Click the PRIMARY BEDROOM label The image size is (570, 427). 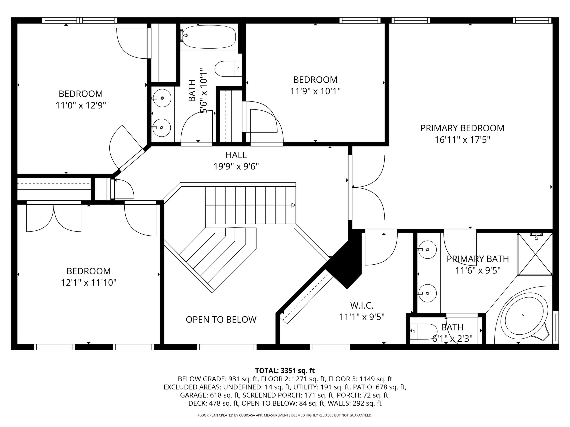point(462,128)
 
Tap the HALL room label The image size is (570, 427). point(236,155)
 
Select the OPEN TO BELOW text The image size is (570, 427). point(221,319)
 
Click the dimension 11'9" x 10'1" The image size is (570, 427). point(315,91)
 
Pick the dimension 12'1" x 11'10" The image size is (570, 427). point(89,283)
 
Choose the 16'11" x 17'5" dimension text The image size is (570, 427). point(462,140)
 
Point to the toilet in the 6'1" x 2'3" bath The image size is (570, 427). point(423,331)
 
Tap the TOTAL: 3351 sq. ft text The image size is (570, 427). point(285,371)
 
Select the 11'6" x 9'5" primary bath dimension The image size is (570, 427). point(478,271)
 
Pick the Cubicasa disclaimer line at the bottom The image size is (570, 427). point(285,415)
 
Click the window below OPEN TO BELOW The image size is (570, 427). point(227,347)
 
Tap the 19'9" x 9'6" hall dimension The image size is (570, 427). point(236,167)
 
